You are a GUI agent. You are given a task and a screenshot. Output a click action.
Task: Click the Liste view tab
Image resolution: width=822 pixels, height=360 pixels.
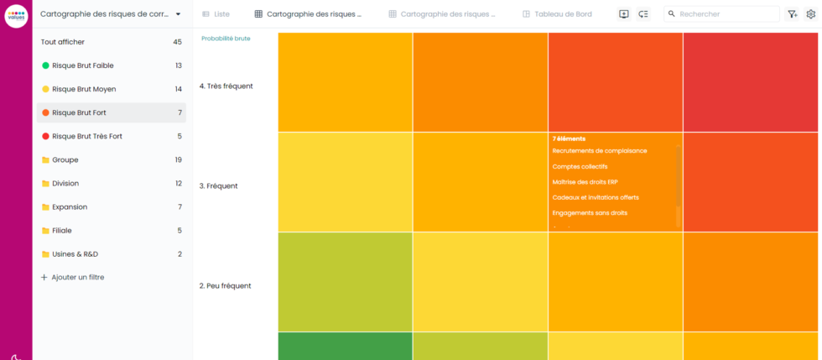(x=216, y=14)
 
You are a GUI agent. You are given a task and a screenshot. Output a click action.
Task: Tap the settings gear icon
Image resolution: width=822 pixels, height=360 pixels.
(x=810, y=14)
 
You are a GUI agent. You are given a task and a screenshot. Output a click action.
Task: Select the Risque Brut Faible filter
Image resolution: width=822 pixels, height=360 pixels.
(x=82, y=65)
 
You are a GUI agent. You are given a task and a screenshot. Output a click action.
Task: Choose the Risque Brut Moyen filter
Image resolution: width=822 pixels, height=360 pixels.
(x=84, y=89)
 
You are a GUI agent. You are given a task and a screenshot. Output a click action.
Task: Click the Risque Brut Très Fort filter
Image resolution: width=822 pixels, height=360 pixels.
(x=86, y=136)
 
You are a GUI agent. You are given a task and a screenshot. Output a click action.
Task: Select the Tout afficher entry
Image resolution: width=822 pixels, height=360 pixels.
(x=63, y=42)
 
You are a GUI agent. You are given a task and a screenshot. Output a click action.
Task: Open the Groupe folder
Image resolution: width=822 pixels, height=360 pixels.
(x=65, y=159)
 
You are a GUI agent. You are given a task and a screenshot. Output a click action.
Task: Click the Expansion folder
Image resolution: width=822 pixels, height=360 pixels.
(x=69, y=206)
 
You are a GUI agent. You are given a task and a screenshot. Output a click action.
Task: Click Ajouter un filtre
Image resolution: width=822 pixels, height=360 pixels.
(x=77, y=277)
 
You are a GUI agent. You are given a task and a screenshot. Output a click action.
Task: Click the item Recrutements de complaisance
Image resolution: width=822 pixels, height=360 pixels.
(x=600, y=151)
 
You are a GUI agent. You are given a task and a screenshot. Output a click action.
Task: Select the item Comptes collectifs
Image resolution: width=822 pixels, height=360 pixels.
(x=580, y=166)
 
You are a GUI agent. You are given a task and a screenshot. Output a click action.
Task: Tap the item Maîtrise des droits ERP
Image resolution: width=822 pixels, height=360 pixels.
(x=585, y=182)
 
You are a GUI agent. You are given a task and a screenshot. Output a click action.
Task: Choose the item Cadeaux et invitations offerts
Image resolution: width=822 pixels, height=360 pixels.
(x=596, y=197)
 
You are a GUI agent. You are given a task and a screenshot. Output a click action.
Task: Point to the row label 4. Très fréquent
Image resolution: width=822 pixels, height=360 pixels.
(x=226, y=86)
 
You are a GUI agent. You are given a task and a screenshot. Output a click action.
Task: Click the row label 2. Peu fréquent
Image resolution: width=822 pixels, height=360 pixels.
(x=225, y=285)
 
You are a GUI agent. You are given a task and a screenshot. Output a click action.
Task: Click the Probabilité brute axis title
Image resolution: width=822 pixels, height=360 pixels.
(x=226, y=39)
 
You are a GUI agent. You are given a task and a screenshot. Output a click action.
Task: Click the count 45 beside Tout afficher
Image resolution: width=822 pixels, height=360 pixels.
(x=177, y=42)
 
